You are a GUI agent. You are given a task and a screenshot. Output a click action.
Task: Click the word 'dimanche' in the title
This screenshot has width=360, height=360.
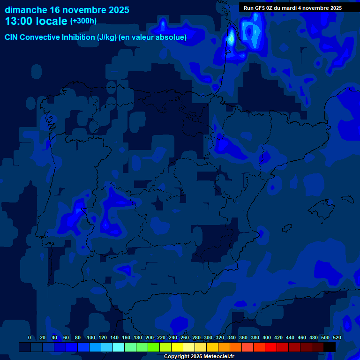[x=26, y=10]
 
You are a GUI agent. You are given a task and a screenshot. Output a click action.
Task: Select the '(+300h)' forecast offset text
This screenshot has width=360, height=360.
[x=83, y=21]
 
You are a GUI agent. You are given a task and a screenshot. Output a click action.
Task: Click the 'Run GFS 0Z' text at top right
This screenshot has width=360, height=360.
[x=260, y=8]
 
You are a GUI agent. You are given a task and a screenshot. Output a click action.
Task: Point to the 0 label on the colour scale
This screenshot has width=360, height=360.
[x=30, y=337]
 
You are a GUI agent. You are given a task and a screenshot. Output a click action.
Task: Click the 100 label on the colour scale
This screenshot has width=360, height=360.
[x=91, y=337]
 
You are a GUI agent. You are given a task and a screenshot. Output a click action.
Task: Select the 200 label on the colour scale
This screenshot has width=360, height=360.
[x=150, y=337]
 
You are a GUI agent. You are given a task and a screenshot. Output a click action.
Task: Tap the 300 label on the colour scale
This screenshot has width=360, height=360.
[x=208, y=337]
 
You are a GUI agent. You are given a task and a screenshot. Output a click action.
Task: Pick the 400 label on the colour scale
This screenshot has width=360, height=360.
[x=267, y=337]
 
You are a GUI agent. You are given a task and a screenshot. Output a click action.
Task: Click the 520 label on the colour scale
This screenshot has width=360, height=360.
[x=337, y=337]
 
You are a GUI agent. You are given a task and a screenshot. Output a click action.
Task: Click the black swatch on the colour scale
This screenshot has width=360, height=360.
[x=330, y=347]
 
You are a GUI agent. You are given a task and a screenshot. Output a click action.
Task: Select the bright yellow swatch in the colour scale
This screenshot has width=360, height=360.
[x=177, y=347]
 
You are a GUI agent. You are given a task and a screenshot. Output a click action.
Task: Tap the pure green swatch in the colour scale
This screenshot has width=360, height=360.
[x=154, y=347]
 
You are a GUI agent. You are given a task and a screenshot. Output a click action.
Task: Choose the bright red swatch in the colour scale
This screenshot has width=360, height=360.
[x=271, y=347]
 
